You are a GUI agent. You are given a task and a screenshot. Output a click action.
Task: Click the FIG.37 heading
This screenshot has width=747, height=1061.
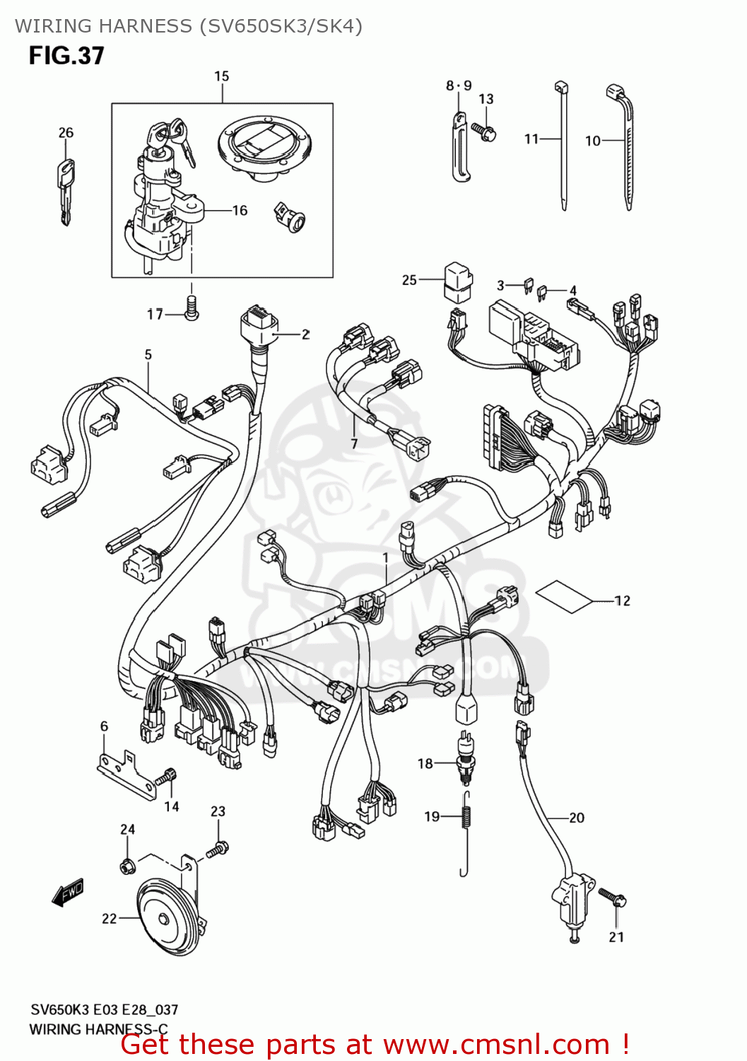coord(66,56)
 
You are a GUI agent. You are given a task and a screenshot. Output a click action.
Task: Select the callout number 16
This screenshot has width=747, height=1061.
coord(240,211)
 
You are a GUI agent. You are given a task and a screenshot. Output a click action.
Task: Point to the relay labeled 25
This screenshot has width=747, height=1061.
coord(457,281)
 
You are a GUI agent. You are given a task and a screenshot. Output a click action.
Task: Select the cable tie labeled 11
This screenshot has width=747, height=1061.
coord(563,149)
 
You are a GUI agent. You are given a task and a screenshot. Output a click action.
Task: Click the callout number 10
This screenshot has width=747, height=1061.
coord(592,141)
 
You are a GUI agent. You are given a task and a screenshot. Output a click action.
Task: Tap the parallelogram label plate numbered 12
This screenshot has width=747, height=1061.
coord(563,596)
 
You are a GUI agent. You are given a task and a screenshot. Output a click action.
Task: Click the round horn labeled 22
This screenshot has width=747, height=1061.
coord(167,918)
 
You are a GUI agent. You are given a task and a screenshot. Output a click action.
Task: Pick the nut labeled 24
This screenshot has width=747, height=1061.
coord(128,864)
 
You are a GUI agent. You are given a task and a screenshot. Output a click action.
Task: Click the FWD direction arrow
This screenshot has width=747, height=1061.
coord(69,893)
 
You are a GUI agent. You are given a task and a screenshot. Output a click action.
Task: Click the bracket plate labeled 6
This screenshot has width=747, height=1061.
coord(127,775)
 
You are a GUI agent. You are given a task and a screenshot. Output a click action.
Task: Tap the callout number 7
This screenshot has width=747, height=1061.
coord(354,444)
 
